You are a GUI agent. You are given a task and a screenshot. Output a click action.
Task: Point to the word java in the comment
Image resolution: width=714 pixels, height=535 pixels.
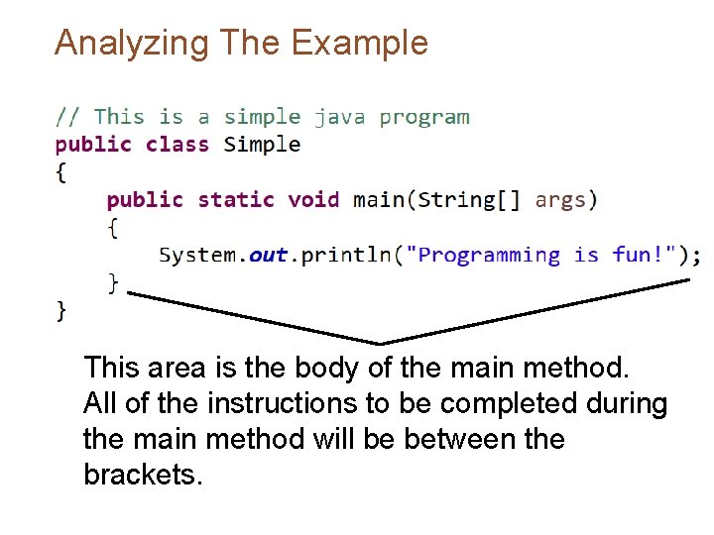pyautogui.click(x=339, y=117)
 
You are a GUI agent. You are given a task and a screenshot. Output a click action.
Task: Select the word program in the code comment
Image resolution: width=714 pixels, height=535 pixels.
pyautogui.click(x=424, y=117)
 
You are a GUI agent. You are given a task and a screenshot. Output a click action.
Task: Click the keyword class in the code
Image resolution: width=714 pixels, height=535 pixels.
pyautogui.click(x=178, y=145)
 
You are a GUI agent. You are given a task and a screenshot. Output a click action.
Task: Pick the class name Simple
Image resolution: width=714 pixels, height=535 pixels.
pyautogui.click(x=262, y=145)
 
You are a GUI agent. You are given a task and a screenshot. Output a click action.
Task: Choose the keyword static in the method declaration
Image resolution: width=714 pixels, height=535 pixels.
pyautogui.click(x=236, y=200)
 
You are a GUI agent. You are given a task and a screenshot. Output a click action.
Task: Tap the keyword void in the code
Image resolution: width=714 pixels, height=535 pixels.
pyautogui.click(x=313, y=200)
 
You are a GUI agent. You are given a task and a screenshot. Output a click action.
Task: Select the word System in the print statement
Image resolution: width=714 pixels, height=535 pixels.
pyautogui.click(x=197, y=256)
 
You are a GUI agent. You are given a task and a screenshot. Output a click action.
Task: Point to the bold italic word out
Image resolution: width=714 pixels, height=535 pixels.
pyautogui.click(x=269, y=256)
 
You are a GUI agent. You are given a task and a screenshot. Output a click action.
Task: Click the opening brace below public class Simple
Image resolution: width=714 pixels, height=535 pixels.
pyautogui.click(x=61, y=172)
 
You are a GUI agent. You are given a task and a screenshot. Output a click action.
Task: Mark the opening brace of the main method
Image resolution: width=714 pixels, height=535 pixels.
pyautogui.click(x=113, y=228)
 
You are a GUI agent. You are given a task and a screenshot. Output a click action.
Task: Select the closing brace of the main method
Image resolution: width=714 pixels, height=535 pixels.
pyautogui.click(x=113, y=283)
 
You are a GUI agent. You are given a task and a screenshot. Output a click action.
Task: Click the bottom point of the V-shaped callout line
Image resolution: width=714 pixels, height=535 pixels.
pyautogui.click(x=382, y=343)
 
